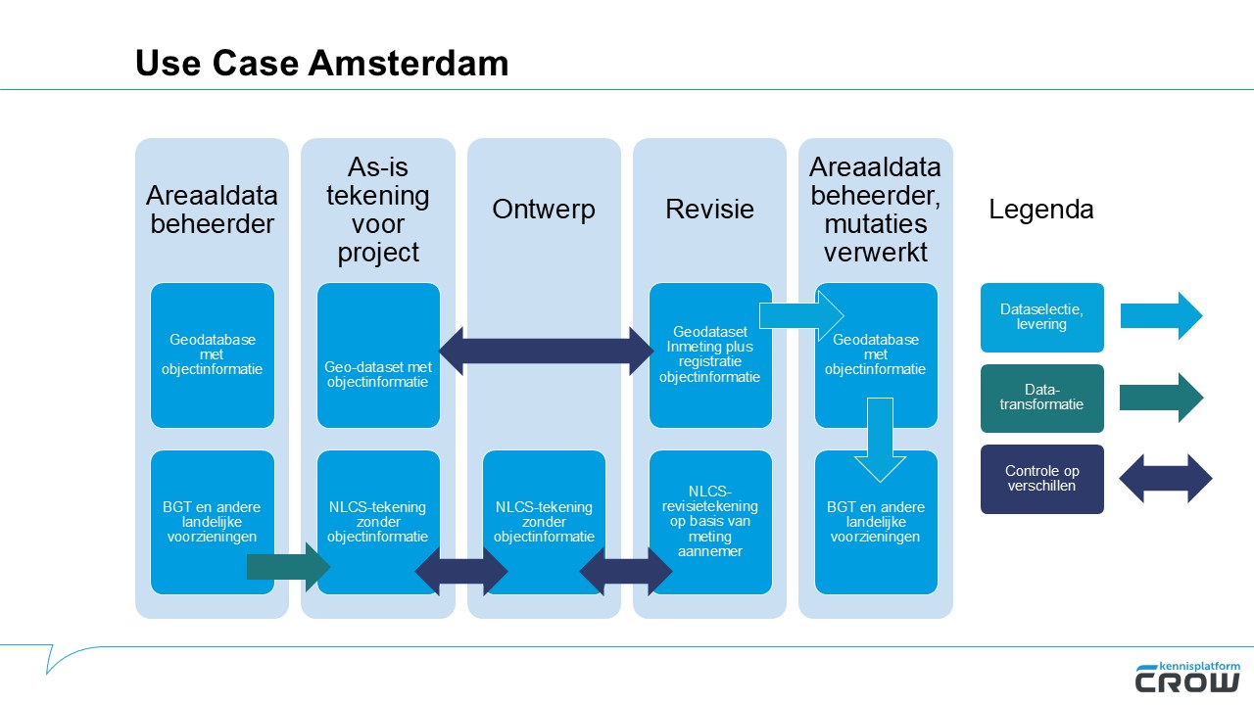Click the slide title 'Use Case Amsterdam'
tap(321, 63)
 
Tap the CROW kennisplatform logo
tap(1187, 677)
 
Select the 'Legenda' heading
tap(1040, 210)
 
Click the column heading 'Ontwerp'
tap(544, 210)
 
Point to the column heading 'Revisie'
tap(709, 210)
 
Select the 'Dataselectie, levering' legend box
tap(1041, 317)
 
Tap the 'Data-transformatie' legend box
tap(1041, 399)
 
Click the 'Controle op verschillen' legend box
tap(1041, 479)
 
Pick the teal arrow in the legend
tap(1161, 398)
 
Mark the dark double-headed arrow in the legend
tap(1165, 479)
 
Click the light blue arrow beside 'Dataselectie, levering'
tap(1161, 316)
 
